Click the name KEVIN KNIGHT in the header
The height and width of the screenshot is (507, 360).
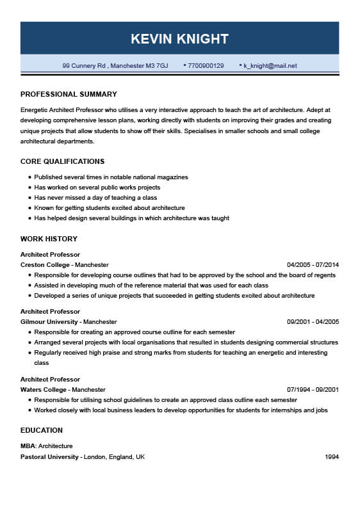[x=179, y=38]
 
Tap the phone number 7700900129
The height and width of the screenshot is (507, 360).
[x=206, y=65]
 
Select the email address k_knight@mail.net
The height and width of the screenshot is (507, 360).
[x=270, y=65]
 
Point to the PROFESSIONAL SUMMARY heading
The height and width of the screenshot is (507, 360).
[x=69, y=94]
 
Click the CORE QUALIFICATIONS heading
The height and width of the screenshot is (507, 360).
[x=62, y=161]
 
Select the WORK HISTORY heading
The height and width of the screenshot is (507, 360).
[x=49, y=239]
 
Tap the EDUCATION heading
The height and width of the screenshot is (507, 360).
[x=42, y=430]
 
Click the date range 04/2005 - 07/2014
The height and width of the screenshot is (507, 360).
[x=313, y=264]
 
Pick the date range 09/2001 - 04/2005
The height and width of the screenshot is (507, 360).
[x=313, y=321]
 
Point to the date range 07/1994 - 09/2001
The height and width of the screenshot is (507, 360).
[x=313, y=389]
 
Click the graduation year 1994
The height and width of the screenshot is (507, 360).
[x=331, y=457]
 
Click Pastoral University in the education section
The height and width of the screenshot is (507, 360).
[x=49, y=457]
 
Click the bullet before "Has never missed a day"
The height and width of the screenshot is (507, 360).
[x=29, y=198]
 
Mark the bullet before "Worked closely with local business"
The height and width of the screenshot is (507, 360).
[x=29, y=410]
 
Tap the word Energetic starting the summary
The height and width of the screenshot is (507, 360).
[x=35, y=109]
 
